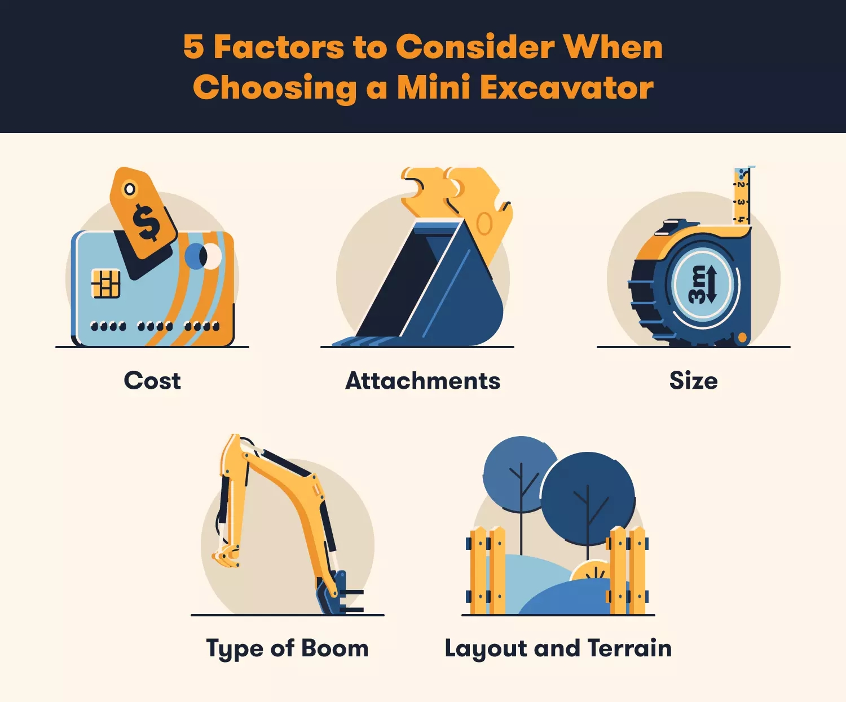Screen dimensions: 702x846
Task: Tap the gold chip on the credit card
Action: (106, 283)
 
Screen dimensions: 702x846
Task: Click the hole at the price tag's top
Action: (130, 189)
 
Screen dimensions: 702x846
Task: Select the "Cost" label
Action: (152, 381)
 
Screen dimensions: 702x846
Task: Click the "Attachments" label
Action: (422, 381)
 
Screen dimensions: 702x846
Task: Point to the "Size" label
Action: (693, 381)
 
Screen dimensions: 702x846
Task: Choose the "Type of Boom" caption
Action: (287, 648)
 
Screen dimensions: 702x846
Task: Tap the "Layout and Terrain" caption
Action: (558, 648)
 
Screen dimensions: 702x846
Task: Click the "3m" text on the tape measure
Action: (697, 285)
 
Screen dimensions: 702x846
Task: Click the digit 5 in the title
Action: (193, 47)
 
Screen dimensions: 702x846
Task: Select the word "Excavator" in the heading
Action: (566, 88)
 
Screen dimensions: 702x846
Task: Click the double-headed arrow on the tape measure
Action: (711, 285)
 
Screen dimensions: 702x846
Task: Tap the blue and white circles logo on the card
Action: (203, 256)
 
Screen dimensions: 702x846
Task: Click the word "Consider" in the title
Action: (475, 47)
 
